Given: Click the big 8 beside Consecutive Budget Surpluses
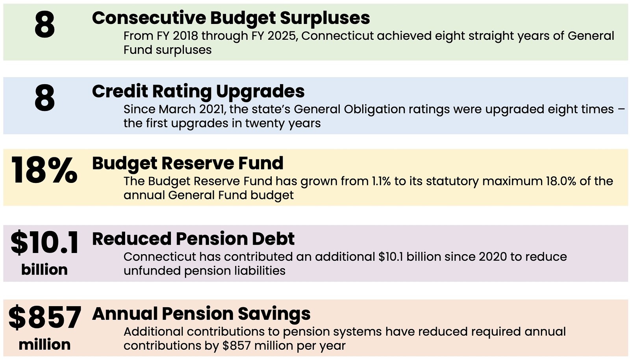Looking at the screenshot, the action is coord(45,25).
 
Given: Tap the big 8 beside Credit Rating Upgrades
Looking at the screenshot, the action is coord(45,98).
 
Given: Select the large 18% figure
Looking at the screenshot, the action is coord(44,170).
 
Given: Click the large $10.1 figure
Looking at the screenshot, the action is coord(44,242).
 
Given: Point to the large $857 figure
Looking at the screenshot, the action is coord(45,317).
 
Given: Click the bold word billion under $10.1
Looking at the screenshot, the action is coord(44,270).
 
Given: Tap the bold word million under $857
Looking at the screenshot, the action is coord(44,345).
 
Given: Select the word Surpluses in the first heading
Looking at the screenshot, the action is coord(325,18).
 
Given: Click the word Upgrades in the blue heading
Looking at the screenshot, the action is coord(260,92).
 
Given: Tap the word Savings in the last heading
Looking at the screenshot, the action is coord(274,314).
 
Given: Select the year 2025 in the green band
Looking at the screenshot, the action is coord(282,36).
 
